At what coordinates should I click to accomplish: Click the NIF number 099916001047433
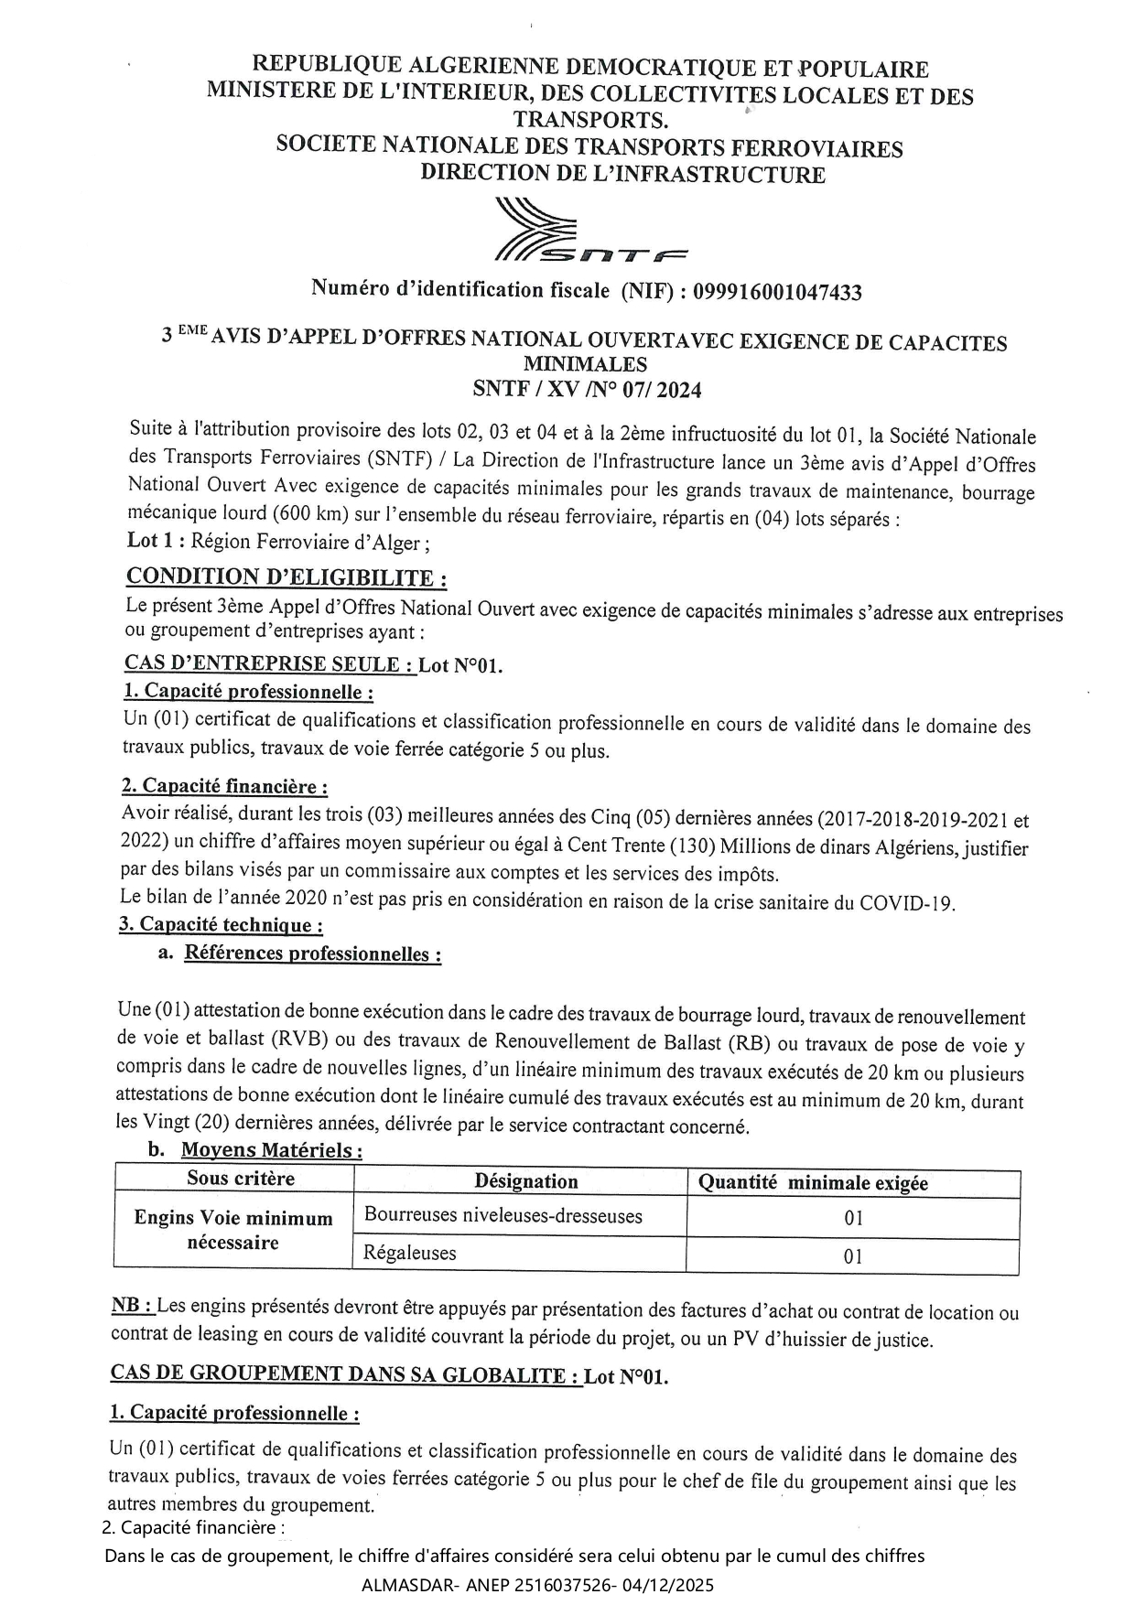777,292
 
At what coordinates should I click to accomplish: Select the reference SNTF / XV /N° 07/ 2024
587,390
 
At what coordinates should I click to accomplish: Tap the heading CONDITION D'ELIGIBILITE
286,577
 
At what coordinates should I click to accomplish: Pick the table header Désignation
526,1181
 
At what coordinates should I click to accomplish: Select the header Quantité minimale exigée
813,1183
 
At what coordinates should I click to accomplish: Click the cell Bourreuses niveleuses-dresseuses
503,1216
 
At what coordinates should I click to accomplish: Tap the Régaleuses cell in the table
410,1253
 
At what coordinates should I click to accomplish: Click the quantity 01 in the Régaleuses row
853,1256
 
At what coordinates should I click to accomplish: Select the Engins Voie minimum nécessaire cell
233,1230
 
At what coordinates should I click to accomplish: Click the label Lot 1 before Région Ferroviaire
156,541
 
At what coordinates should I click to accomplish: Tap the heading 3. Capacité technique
221,925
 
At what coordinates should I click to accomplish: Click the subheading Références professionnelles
312,953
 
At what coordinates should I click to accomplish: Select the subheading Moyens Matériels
271,1150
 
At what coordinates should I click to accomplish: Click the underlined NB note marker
132,1306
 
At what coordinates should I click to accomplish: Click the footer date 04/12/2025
672,1585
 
